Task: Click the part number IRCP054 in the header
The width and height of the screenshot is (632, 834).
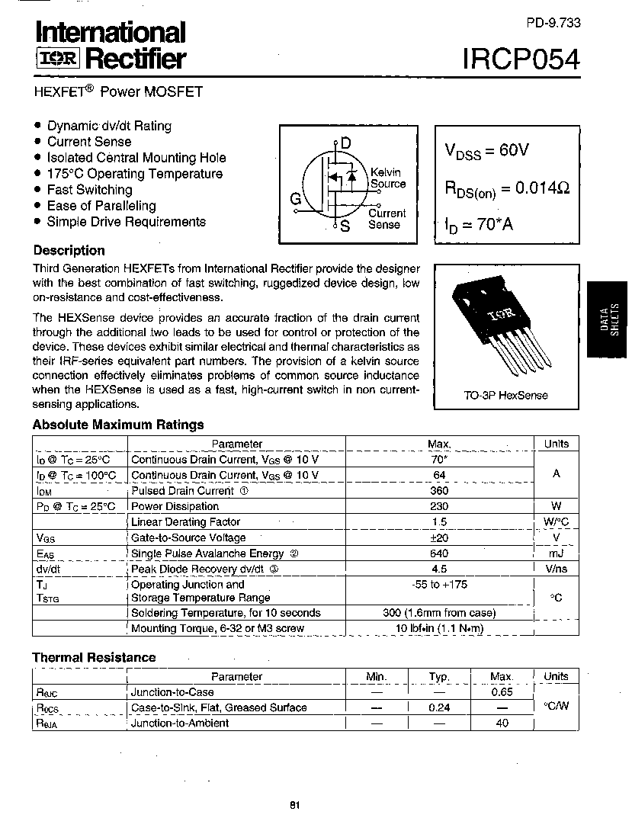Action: [520, 58]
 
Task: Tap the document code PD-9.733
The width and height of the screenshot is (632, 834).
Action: [553, 23]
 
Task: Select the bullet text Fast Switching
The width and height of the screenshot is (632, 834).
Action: [89, 190]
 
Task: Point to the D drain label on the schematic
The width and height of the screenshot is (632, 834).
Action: [345, 143]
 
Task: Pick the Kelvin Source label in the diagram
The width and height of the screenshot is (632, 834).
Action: [387, 178]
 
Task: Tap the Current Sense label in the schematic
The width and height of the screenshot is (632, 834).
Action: [387, 219]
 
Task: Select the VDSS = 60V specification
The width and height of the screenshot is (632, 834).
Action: [486, 151]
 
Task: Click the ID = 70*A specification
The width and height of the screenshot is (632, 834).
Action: [479, 226]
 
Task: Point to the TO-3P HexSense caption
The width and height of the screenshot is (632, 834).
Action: [505, 396]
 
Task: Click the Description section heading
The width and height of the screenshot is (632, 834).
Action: [69, 250]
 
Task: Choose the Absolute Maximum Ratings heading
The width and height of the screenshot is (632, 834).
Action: [117, 425]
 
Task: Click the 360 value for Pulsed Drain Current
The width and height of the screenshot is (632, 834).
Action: [439, 490]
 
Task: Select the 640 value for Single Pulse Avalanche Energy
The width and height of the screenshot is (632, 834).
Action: [439, 553]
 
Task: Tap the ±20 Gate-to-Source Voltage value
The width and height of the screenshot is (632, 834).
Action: [439, 537]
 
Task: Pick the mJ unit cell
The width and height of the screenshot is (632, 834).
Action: [556, 553]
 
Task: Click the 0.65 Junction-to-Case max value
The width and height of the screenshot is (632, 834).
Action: [502, 692]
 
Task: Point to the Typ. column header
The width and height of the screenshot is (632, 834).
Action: [439, 677]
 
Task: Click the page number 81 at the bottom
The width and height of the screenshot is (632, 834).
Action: [295, 806]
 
